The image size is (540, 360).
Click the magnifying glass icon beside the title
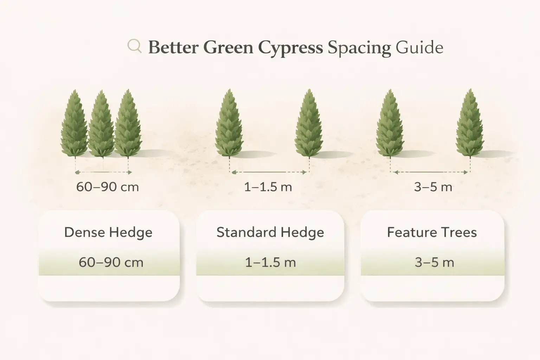pyautogui.click(x=134, y=46)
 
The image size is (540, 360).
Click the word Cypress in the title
pyautogui.click(x=290, y=48)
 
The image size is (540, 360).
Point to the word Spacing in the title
pyautogui.click(x=359, y=48)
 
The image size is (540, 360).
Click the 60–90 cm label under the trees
pyautogui.click(x=108, y=187)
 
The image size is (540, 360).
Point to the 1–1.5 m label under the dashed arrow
pyautogui.click(x=268, y=187)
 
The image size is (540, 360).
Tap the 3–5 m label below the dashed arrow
pyautogui.click(x=433, y=187)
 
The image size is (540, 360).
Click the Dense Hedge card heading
pyautogui.click(x=108, y=233)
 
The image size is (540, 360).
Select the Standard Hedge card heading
pyautogui.click(x=270, y=233)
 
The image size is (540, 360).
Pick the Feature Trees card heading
pyautogui.click(x=432, y=233)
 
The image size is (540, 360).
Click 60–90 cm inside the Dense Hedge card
pyautogui.click(x=111, y=263)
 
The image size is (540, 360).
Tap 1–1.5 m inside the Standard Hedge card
pyautogui.click(x=270, y=263)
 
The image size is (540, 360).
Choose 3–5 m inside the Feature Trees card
pyautogui.click(x=434, y=263)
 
